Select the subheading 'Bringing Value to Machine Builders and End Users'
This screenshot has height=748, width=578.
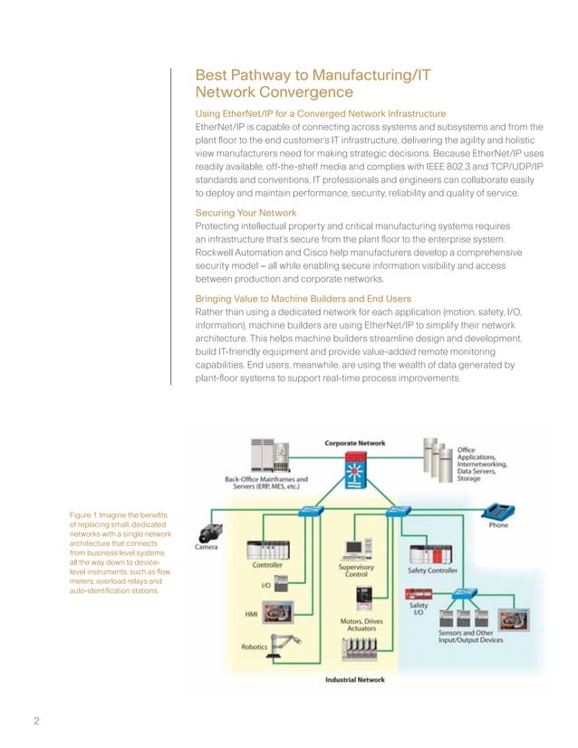coord(303,298)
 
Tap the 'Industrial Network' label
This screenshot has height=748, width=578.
coord(355,680)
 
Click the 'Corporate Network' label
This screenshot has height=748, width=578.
coord(355,443)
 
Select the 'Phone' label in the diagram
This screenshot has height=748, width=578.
coord(497,524)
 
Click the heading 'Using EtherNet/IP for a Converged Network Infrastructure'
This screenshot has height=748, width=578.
coord(321,113)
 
